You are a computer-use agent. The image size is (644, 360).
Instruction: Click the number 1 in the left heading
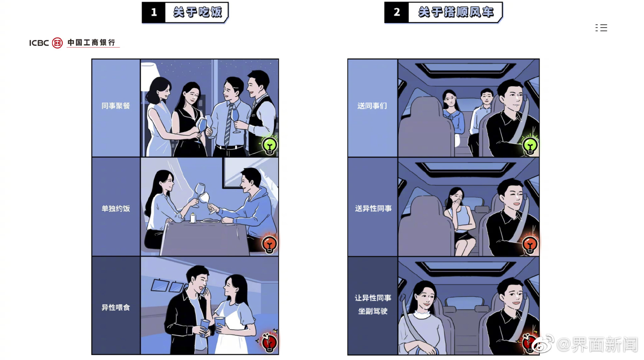pos(154,13)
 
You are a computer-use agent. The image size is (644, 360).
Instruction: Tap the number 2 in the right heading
pos(396,12)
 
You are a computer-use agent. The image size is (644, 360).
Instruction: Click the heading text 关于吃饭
pos(197,12)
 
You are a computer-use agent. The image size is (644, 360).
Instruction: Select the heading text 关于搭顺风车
pos(456,12)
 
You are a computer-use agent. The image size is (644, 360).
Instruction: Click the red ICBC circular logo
pos(57,43)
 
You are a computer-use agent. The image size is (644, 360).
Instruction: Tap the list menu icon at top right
pos(601,28)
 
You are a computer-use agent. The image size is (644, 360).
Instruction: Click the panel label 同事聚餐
pos(116,106)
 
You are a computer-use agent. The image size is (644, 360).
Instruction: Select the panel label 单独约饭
pos(116,208)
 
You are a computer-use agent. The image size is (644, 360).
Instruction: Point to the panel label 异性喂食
pos(116,307)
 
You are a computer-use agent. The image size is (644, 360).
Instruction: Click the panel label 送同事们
pos(372,106)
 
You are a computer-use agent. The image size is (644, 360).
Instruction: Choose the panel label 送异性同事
pos(373,208)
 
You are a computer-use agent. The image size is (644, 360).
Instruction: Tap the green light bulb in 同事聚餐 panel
pos(270,146)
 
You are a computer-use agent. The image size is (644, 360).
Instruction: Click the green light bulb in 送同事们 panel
pos(530,146)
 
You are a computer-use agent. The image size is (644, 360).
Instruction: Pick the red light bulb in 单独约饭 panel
pos(270,244)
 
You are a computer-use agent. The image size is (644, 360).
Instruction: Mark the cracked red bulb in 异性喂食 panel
pos(269,342)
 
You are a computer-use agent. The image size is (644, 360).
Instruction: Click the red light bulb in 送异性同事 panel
pos(530,244)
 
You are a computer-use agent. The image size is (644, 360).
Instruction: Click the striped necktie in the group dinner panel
pos(229,125)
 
